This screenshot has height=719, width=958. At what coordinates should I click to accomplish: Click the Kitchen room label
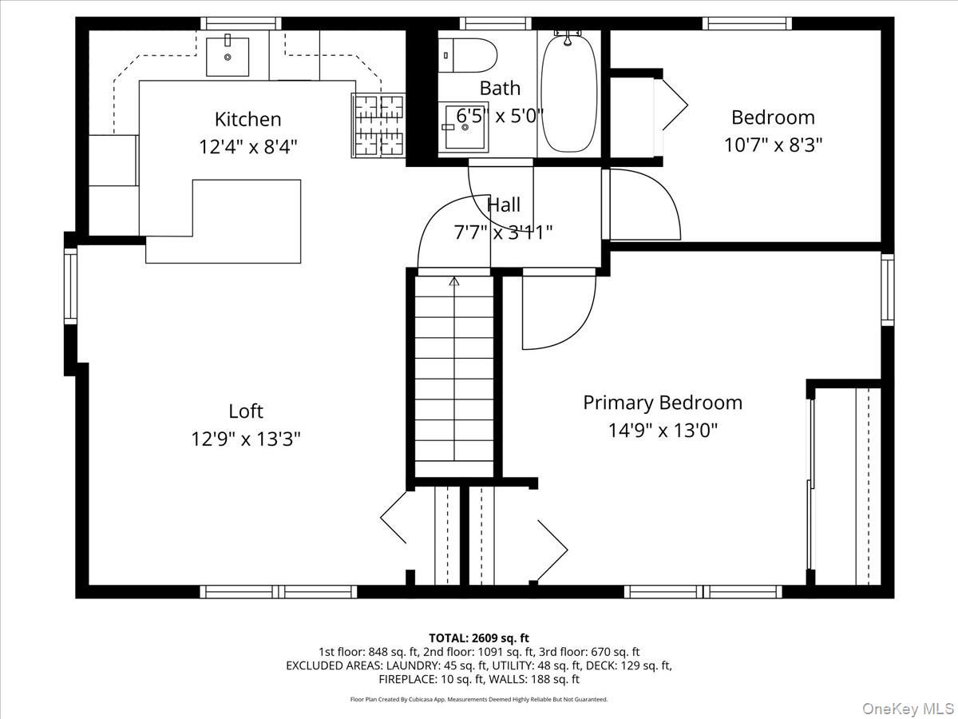click(247, 119)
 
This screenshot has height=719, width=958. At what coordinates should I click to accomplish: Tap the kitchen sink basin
click(228, 56)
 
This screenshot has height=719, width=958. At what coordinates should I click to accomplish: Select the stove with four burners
click(378, 125)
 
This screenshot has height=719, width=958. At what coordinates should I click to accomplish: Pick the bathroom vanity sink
click(465, 128)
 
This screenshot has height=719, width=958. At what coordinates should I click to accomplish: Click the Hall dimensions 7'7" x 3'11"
click(503, 232)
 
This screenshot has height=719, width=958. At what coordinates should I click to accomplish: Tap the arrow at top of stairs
click(454, 281)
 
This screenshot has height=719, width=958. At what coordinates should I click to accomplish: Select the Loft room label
click(245, 411)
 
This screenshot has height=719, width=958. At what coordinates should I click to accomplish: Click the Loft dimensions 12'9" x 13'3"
click(245, 439)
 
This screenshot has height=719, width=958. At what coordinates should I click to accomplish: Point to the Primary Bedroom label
click(662, 402)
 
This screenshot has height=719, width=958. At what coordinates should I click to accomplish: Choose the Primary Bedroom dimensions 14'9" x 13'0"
click(662, 431)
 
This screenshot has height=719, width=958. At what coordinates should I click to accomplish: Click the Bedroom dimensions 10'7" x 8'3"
click(773, 145)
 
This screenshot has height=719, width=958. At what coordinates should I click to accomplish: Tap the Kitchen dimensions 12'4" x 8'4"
click(247, 147)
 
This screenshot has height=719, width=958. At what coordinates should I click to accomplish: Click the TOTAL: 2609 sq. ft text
click(478, 638)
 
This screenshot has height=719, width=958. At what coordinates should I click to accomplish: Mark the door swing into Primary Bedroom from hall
click(559, 312)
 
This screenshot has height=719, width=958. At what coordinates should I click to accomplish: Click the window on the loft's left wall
click(71, 285)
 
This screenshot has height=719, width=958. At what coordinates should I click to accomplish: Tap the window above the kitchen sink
click(239, 23)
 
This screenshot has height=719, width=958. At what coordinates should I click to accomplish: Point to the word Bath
click(500, 88)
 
